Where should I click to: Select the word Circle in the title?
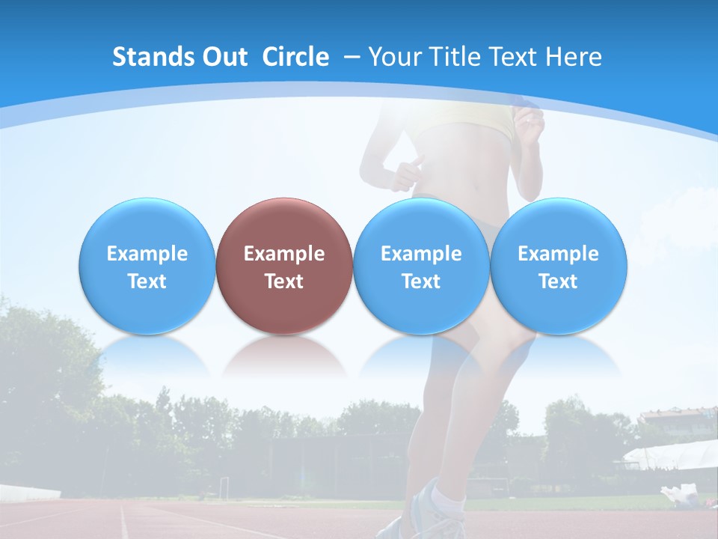coord(295,57)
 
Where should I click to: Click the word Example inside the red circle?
coord(283,254)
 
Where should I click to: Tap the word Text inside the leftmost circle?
coord(147,281)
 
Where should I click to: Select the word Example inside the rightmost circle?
coord(558,254)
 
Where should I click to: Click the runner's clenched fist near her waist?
coord(408,172)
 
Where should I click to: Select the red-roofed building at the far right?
coord(677,415)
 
